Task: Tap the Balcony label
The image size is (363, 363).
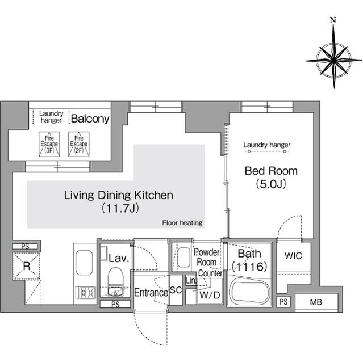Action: pyautogui.click(x=90, y=119)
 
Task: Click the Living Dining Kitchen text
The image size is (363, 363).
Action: pyautogui.click(x=118, y=196)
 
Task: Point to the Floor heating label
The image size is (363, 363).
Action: pyautogui.click(x=182, y=223)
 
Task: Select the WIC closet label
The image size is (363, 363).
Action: pyautogui.click(x=294, y=256)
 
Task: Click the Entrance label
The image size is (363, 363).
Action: pyautogui.click(x=151, y=293)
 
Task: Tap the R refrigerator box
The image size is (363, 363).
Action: pyautogui.click(x=26, y=267)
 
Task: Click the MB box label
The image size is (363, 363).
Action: pyautogui.click(x=315, y=302)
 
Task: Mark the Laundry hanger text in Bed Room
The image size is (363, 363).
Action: pyautogui.click(x=266, y=145)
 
